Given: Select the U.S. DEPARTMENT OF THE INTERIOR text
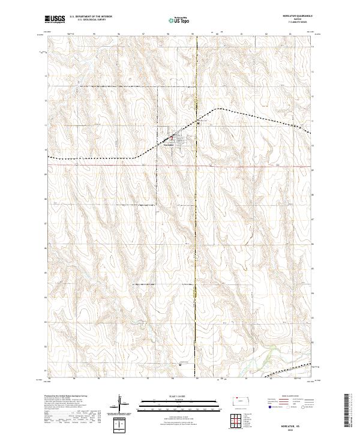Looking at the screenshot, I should click(x=91, y=16).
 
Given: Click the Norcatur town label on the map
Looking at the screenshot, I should click(x=168, y=144).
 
